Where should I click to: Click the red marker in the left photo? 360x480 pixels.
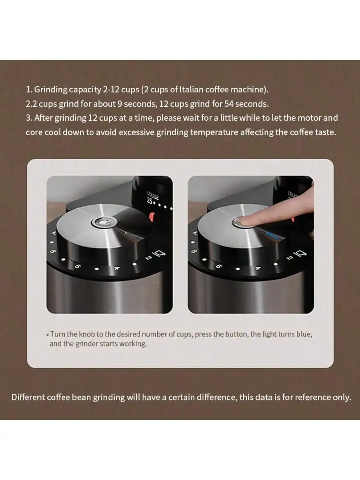152,218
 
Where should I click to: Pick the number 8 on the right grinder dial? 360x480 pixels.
194,252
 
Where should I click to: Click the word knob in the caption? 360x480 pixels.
88,334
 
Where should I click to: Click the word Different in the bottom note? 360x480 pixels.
28,397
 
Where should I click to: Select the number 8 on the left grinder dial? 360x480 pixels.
53,252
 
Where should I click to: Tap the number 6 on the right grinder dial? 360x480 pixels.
218,266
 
